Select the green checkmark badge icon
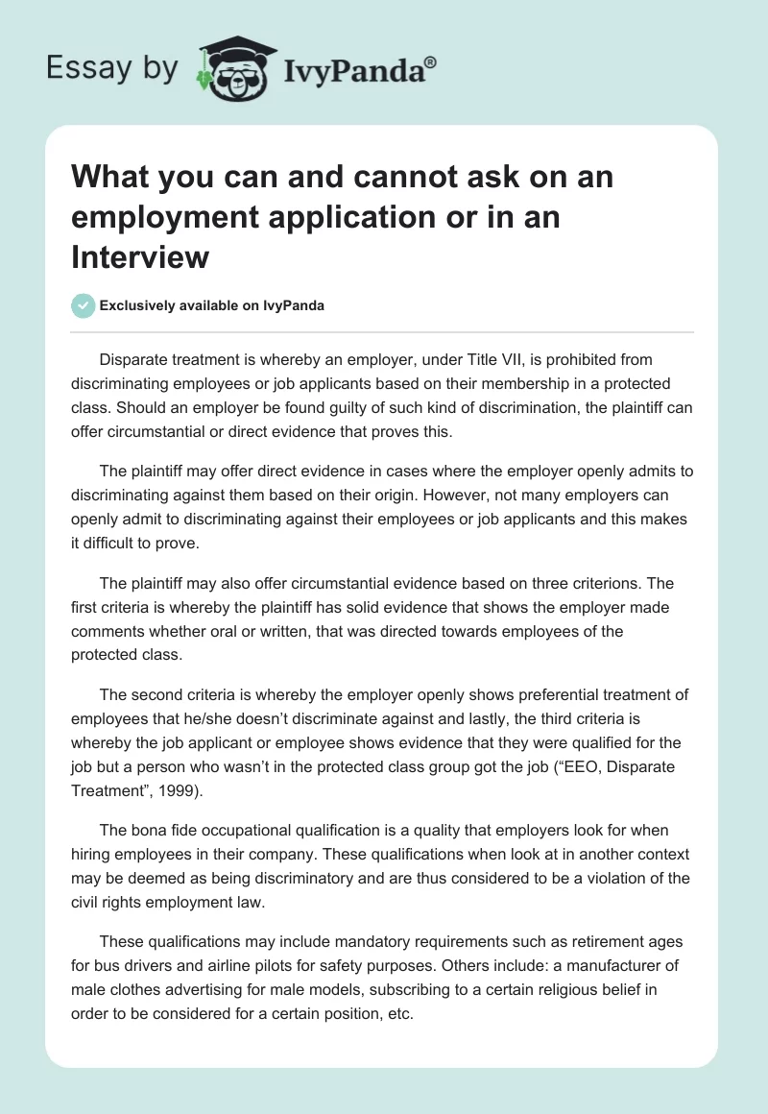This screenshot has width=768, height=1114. [x=84, y=305]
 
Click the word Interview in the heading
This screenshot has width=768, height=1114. [x=139, y=257]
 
